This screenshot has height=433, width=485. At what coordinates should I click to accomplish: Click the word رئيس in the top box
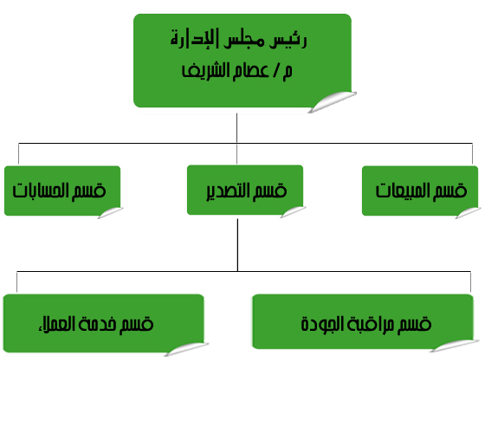pyautogui.click(x=288, y=40)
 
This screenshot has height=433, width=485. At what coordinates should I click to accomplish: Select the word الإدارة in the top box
pyautogui.click(x=195, y=39)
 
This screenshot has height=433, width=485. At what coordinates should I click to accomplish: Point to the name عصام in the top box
pyautogui.click(x=250, y=70)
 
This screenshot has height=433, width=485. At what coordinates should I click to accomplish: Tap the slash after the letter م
pyautogui.click(x=275, y=71)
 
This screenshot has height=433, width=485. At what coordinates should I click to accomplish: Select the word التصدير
pyautogui.click(x=229, y=191)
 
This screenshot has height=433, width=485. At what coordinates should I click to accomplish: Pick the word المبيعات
pyautogui.click(x=403, y=191)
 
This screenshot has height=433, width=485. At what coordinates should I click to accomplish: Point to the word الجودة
pyautogui.click(x=322, y=324)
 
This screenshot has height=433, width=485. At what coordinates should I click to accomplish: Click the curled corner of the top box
pyautogui.click(x=333, y=101)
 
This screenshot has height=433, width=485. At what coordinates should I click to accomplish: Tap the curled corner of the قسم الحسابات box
pyautogui.click(x=111, y=212)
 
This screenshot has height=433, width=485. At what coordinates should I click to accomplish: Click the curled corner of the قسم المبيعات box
pyautogui.click(x=468, y=212)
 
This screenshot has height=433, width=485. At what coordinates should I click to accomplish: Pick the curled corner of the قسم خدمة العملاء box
pyautogui.click(x=186, y=349)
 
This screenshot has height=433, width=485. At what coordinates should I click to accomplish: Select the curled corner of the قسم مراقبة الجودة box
pyautogui.click(x=455, y=346)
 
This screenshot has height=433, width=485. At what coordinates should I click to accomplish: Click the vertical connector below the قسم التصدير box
pyautogui.click(x=237, y=245)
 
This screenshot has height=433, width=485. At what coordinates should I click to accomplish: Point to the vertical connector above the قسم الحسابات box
pyautogui.click(x=18, y=153)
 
